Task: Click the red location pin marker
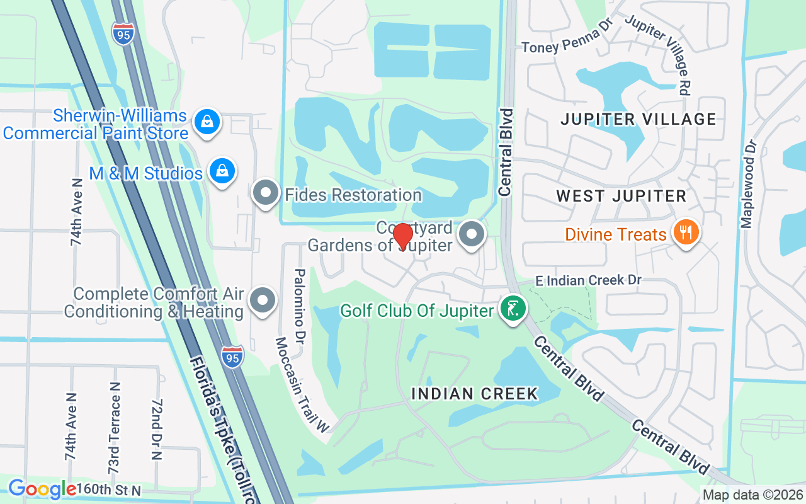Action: click(x=402, y=237)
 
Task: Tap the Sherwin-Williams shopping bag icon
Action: click(x=207, y=122)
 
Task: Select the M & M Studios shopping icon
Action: click(x=222, y=171)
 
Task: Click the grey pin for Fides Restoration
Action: click(x=266, y=193)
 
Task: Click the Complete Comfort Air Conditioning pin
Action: click(x=263, y=301)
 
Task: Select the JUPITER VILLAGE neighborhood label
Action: click(x=639, y=119)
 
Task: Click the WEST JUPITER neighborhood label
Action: click(x=622, y=196)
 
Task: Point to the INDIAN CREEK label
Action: click(x=475, y=394)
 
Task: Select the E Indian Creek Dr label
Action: click(x=588, y=280)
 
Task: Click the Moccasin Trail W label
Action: click(x=302, y=385)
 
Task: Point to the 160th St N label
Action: click(x=110, y=490)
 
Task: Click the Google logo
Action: click(x=42, y=489)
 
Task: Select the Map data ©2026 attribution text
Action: click(x=752, y=495)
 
